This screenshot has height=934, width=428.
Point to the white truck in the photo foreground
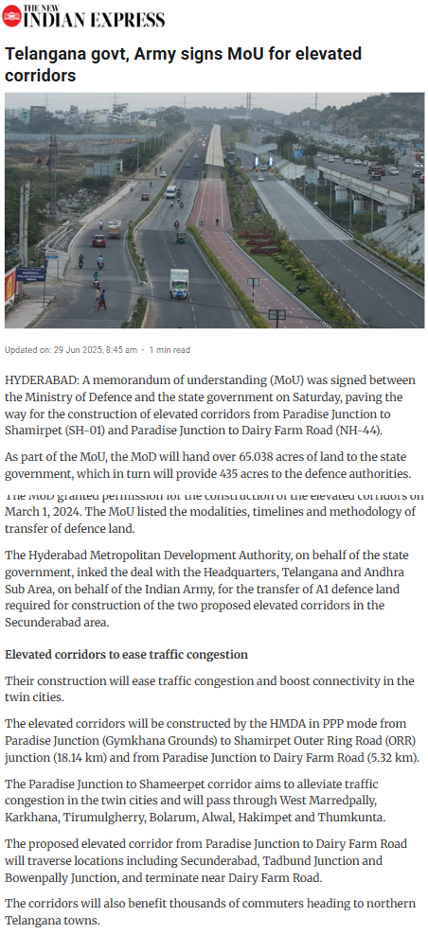coord(179,282)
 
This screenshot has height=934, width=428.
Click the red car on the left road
coord(98,240)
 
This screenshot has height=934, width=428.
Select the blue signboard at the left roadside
coord(31,274)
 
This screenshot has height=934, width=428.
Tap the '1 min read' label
coord(169,349)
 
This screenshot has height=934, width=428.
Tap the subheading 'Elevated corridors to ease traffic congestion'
coord(127,654)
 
